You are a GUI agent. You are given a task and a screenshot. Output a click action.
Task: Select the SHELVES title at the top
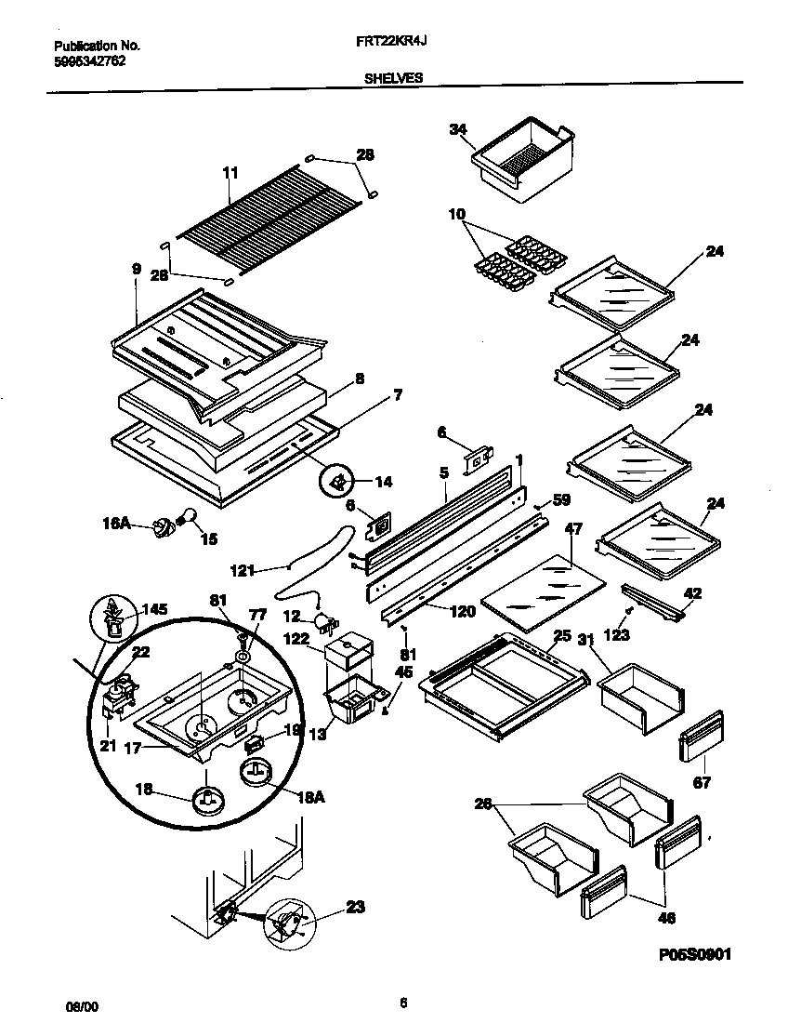[x=394, y=79]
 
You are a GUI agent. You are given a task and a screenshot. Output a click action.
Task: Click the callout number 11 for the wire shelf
[x=230, y=173]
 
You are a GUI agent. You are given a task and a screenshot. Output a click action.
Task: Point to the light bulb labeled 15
[x=188, y=517]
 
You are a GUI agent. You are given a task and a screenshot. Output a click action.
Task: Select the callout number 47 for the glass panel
[x=573, y=529]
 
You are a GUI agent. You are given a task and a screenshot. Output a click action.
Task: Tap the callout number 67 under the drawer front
[x=702, y=783]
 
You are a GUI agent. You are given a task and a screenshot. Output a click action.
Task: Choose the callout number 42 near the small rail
[x=692, y=593]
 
